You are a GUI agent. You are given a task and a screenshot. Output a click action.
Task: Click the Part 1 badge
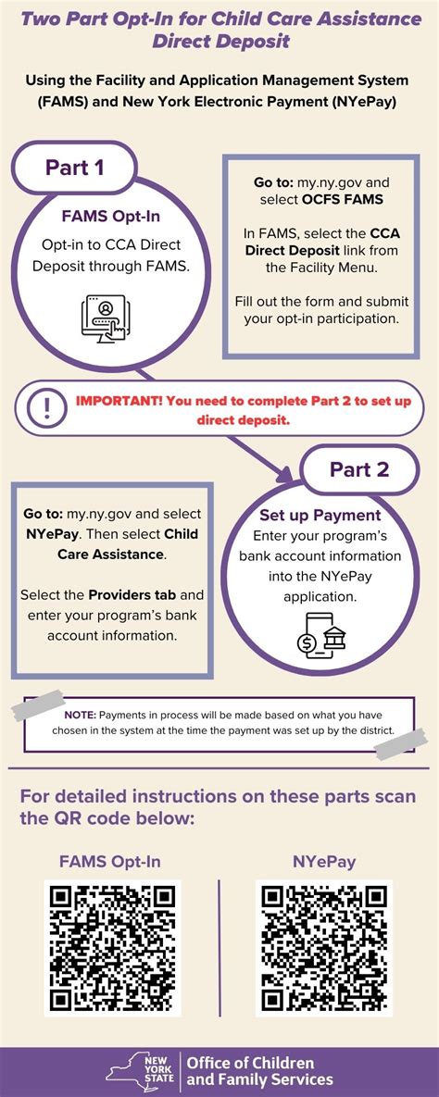pos(75,168)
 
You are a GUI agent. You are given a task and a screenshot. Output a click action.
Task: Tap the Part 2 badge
pos(359,469)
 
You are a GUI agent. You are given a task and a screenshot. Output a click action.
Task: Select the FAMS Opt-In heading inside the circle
pos(111,216)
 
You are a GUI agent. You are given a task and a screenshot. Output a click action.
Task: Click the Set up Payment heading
pos(320,515)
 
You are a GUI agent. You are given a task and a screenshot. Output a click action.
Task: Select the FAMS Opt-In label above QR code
pos(110,861)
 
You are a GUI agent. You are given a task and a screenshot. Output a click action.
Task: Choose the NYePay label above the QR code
pos(324,861)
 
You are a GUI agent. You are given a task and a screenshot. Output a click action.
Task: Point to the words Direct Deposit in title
pos(219,42)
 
